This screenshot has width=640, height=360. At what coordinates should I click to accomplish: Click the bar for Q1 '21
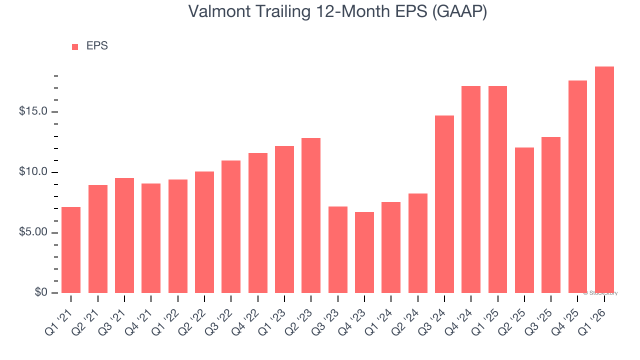71,250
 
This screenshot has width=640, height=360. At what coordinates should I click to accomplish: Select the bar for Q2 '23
311,215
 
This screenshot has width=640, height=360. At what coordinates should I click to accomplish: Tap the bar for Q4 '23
364,252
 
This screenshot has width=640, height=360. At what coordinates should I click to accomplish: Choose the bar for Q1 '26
604,179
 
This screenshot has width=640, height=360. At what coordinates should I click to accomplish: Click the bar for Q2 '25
524,220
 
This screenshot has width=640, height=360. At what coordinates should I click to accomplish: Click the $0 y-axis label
41,293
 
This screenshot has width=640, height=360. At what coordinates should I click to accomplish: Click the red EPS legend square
75,47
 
